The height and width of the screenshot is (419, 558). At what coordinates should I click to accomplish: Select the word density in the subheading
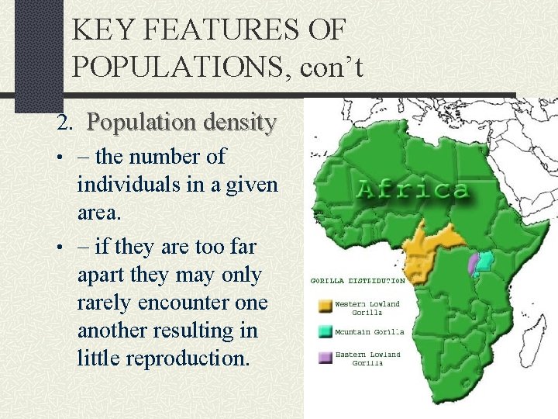point(236,122)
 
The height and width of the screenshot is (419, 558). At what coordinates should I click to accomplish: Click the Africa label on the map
point(412,189)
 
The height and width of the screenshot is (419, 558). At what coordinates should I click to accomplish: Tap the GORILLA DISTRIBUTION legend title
point(357,280)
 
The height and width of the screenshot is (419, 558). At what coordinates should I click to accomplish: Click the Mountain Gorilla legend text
point(369,332)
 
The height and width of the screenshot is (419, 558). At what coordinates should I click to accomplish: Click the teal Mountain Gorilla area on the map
point(486,262)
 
